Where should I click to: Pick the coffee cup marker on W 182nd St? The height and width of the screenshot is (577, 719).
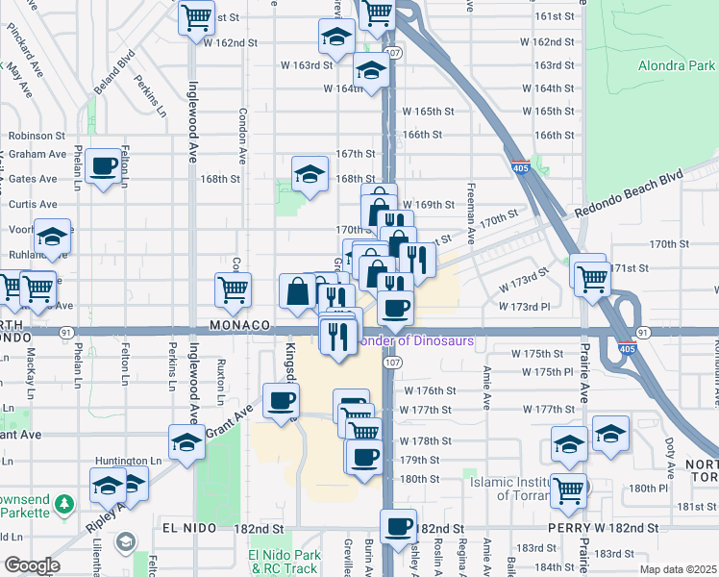398,527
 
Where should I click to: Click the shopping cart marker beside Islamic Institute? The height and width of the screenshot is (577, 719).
569,489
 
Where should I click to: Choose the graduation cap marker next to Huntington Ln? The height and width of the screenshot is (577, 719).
186,441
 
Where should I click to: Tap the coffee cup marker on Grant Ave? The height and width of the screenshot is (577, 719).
280,400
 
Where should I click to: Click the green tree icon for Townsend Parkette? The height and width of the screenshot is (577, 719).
63,504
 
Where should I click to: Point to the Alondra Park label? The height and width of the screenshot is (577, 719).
676,66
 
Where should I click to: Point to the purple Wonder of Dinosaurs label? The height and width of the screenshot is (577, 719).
418,340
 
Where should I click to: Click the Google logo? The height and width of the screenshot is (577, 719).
32,565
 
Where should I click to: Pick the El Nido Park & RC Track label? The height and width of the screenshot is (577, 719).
283,562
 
